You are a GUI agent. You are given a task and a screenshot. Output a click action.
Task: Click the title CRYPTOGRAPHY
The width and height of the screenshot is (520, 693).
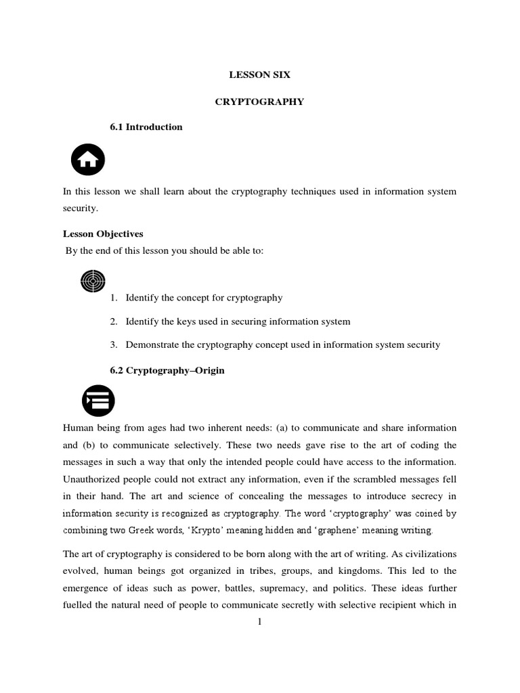pyautogui.click(x=259, y=102)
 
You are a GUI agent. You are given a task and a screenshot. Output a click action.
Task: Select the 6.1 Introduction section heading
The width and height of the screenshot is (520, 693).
pyautogui.click(x=146, y=127)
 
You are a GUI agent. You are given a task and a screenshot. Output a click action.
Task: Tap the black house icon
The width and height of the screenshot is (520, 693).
pyautogui.click(x=88, y=161)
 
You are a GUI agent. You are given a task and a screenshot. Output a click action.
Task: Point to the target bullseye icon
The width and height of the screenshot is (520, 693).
pyautogui.click(x=93, y=280)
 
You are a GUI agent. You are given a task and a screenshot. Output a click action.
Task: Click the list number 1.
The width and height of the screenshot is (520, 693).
pyautogui.click(x=113, y=298)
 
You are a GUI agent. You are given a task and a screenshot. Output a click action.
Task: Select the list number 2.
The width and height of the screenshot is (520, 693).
pyautogui.click(x=113, y=321)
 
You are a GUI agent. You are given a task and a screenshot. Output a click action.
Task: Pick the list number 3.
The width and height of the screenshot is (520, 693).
pyautogui.click(x=113, y=345)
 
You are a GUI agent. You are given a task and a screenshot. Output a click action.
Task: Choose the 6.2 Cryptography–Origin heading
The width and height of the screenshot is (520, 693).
pyautogui.click(x=167, y=371)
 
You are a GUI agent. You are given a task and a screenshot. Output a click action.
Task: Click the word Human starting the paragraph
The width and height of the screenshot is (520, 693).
pyautogui.click(x=79, y=428)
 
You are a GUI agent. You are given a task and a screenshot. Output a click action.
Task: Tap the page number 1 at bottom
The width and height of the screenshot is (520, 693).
pyautogui.click(x=259, y=623)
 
